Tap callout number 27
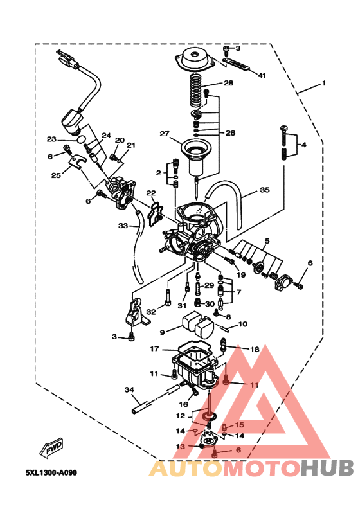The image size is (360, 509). click(x=165, y=134)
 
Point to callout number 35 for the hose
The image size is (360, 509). click(x=264, y=190)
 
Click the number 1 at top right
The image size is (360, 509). click(x=324, y=84)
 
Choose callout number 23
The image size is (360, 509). click(x=51, y=139)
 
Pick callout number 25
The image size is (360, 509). click(x=56, y=175)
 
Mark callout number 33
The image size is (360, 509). click(x=123, y=226)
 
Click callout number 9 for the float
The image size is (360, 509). click(x=162, y=332)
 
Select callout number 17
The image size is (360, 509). click(x=154, y=349)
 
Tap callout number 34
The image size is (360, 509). click(x=129, y=389)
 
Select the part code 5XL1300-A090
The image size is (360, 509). click(x=51, y=473)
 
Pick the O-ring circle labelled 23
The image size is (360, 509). click(x=80, y=139)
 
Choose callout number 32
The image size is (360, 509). click(x=151, y=312)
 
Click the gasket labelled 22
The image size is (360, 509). click(x=154, y=212)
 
